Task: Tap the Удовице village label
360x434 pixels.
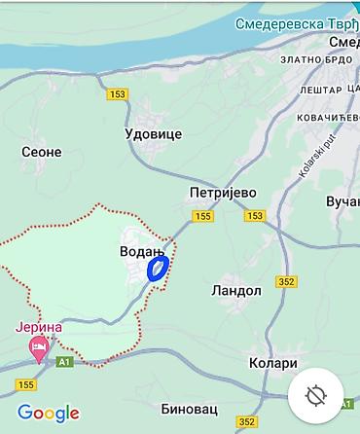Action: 154,133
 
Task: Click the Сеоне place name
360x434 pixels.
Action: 42,152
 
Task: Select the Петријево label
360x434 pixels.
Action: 223,193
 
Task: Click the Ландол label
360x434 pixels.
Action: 235,290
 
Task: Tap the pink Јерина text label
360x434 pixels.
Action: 39,327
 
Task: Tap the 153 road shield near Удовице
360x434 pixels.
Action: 119,94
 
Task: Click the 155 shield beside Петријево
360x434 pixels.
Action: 202,216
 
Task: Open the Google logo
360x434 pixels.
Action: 49,413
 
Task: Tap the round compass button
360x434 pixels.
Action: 314,397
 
